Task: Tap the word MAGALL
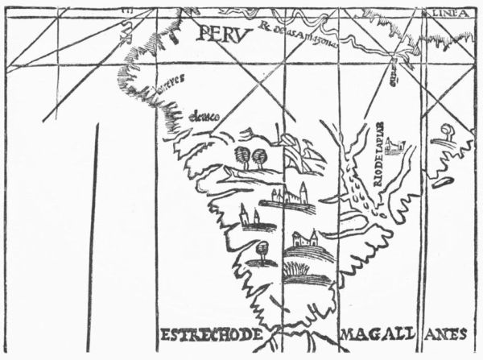372,334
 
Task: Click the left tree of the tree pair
242,155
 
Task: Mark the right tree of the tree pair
259,156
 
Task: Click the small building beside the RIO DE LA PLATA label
394,147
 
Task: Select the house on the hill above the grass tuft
306,239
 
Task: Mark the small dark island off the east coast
440,182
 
